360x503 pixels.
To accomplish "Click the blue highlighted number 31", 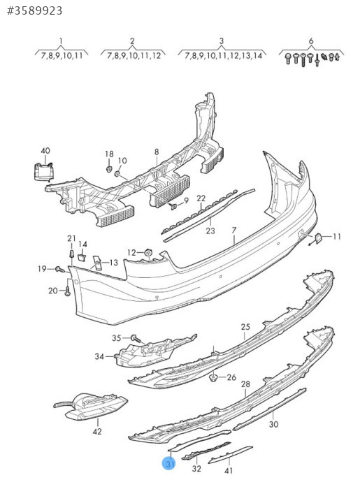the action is (168, 464).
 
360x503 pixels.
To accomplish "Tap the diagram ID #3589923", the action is (35, 10).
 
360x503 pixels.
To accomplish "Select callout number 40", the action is (45, 150).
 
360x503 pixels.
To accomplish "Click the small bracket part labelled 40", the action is (43, 172).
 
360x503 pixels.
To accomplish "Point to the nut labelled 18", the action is (109, 168).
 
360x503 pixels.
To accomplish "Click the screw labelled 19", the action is (59, 270).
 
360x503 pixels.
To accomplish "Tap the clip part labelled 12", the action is (148, 253).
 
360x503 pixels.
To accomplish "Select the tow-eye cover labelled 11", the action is (318, 238).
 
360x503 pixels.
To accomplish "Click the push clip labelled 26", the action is (213, 377).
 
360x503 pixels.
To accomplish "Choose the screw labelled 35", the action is (136, 338).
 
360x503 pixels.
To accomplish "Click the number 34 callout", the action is (99, 356).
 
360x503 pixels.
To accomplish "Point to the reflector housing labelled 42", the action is (92, 407).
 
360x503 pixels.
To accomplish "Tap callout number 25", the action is (245, 327).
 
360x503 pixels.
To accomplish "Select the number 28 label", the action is (245, 384).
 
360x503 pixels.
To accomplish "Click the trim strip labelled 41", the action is (231, 454).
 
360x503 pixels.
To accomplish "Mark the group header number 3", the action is (222, 41).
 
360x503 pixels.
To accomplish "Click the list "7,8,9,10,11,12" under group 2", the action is (134, 55).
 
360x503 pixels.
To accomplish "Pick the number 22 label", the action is (201, 198).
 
